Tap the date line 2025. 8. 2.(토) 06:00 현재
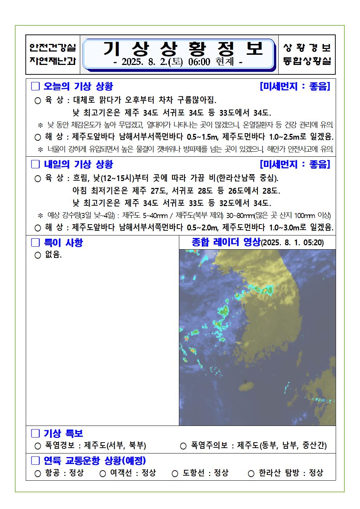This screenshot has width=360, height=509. pos(179,62)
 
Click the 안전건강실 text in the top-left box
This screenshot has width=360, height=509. pos(53,48)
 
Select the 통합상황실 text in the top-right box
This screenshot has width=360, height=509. pos(307,61)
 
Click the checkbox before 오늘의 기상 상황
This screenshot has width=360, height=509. pos(36,86)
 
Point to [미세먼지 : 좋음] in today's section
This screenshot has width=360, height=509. pos(295,86)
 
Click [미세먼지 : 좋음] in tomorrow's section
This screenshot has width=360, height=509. pos(295,164)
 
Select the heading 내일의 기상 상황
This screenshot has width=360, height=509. pos(78,164)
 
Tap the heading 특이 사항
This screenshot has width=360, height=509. pos(64,242)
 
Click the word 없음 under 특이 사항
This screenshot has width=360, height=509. pos(53,255)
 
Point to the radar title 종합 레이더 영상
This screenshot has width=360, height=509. pos(226,242)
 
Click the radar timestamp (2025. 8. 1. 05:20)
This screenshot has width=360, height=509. pos(292,242)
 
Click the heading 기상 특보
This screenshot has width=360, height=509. pos(64,433)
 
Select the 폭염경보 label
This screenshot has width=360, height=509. pos(59,446)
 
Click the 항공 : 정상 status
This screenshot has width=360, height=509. pos(64,473)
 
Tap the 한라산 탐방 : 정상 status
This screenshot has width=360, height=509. pos(291,473)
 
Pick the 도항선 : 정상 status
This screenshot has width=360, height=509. pos(205,473)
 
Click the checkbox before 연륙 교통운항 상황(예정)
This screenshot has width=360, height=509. pos(36,461)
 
